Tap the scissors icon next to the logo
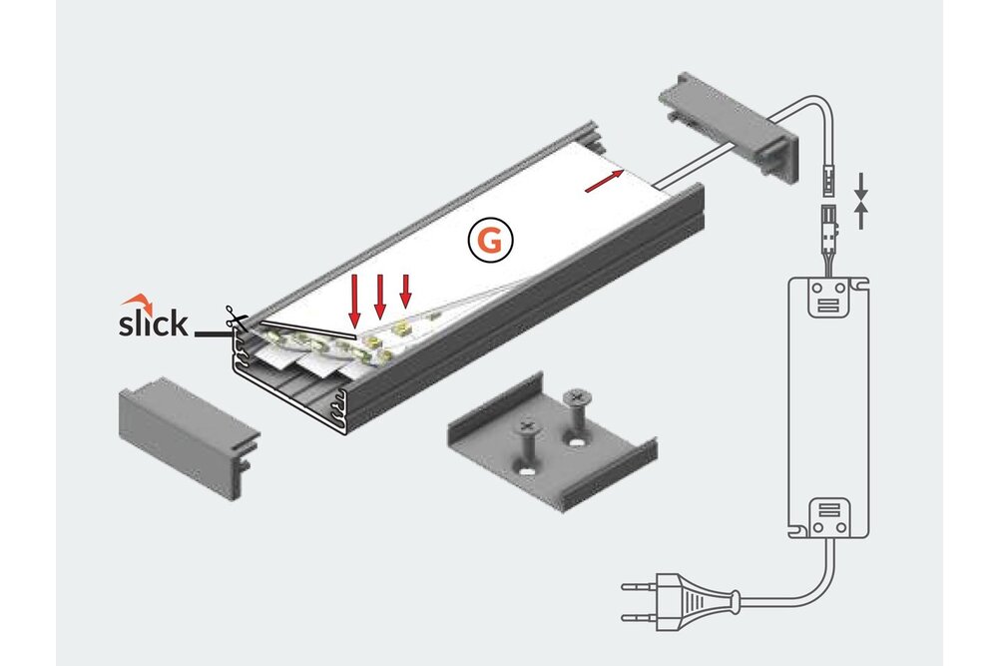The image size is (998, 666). click(236, 320)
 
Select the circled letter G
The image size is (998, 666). click(490, 241)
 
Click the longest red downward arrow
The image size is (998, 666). click(354, 301)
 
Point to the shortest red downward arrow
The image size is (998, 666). click(405, 291)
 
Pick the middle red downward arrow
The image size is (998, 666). click(380, 296)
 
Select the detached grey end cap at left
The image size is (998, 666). click(188, 429)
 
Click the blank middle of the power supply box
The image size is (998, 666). click(827, 409)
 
